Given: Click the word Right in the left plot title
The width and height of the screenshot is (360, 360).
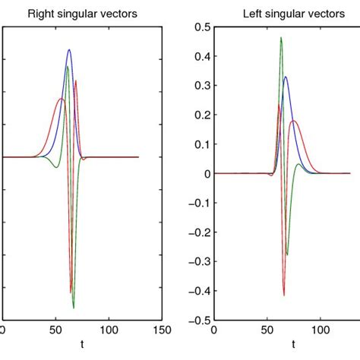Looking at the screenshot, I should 37,13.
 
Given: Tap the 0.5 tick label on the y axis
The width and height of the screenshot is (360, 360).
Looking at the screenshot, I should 200,27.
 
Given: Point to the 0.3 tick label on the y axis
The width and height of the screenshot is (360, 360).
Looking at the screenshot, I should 200,86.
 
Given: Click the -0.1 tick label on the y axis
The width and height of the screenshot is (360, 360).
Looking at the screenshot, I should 197,203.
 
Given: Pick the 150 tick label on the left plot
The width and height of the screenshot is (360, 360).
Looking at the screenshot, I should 161,330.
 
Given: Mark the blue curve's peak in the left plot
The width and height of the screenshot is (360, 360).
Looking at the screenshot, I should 69,50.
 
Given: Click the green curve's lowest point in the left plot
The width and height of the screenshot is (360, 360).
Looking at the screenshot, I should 74,308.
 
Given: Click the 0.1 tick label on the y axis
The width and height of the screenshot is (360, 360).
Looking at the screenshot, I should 200,144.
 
